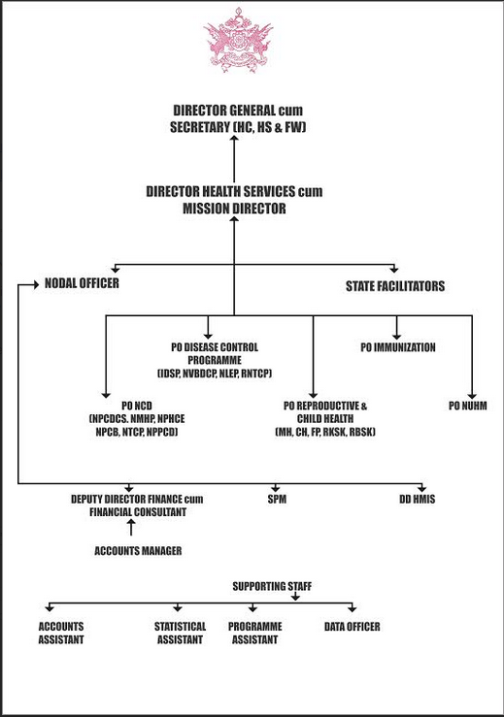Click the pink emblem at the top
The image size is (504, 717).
[238, 40]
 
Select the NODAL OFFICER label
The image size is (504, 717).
[82, 283]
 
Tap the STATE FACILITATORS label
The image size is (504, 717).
[395, 286]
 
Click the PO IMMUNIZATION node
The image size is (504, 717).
[398, 347]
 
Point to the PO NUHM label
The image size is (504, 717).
[468, 406]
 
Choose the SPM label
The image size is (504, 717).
[277, 499]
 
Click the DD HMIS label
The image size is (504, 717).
[417, 499]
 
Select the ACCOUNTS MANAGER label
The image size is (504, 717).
[138, 550]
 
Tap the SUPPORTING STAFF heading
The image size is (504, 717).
[272, 586]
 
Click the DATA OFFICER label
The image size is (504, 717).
[352, 627]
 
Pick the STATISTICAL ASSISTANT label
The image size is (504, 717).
[180, 633]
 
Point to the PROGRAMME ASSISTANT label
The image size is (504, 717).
[255, 633]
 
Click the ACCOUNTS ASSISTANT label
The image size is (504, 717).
[61, 633]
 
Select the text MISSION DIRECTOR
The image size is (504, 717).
[234, 209]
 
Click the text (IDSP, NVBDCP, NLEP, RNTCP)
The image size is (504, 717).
[215, 374]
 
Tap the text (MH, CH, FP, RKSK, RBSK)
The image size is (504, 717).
[325, 432]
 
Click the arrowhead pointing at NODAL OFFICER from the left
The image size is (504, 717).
[36, 285]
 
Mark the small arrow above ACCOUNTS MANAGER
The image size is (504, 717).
[131, 528]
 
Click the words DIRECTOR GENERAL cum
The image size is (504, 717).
[238, 111]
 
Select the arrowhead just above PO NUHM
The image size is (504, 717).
[472, 396]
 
